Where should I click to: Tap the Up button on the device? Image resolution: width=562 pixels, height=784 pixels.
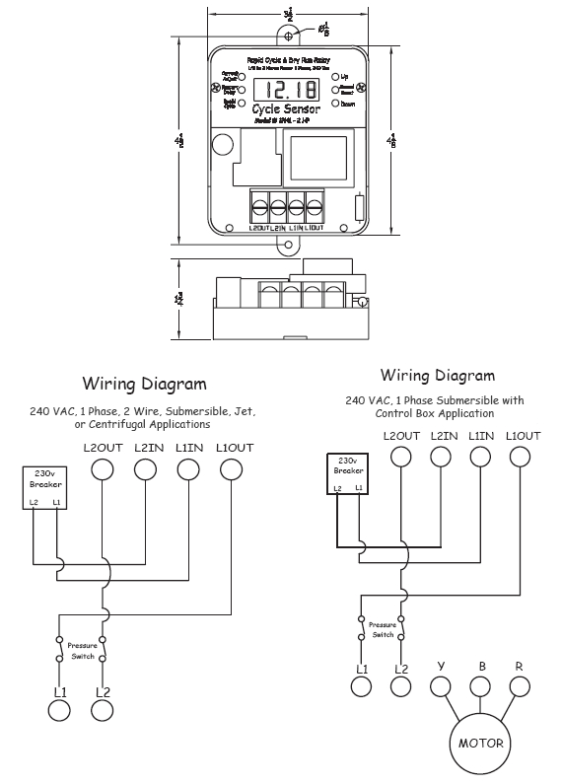(335, 76)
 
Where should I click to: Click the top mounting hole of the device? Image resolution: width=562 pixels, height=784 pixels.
(288, 36)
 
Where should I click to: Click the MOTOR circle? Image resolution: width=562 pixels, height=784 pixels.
(480, 744)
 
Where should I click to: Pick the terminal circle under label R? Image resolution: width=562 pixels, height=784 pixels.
(520, 686)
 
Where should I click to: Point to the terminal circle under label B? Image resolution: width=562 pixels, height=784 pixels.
(480, 686)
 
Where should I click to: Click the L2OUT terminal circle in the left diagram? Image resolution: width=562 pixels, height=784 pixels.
(103, 469)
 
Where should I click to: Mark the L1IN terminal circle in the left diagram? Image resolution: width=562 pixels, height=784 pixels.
(187, 469)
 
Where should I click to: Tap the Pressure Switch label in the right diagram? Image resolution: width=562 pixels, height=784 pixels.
(383, 628)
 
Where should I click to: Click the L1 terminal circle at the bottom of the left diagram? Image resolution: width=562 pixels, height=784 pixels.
(60, 710)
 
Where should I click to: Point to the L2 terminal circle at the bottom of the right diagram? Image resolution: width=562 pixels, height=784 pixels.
(401, 687)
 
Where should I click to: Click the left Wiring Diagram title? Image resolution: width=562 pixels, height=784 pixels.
(144, 384)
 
